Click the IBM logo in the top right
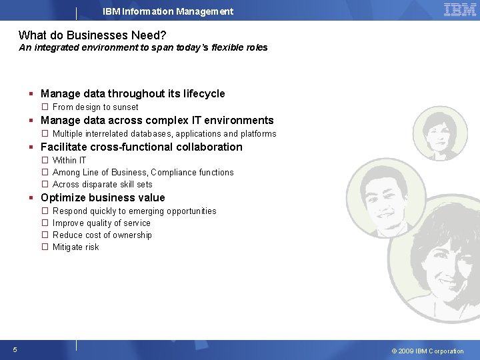coord(460,10)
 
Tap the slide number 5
coord(15,350)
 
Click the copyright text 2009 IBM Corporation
coord(427,351)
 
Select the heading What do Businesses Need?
coord(92,35)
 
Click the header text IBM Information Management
coord(168,11)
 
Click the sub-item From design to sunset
coord(95,107)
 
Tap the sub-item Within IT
coord(69,161)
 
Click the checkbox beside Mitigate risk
coord(45,247)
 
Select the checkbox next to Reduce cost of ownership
coord(45,235)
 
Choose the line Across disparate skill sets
coord(103,185)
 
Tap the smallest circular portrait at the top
coord(440,133)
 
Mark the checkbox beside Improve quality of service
coord(45,223)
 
